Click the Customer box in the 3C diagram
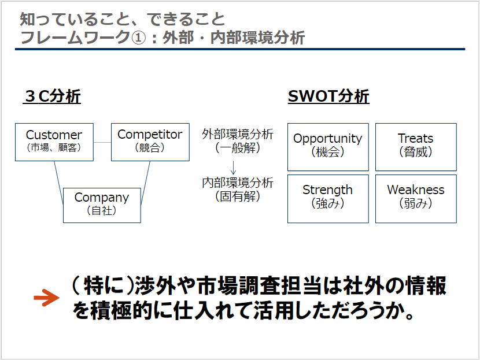coord(54,142)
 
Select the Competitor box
coord(150,142)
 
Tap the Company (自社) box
coord(102,205)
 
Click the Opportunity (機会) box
coord(328,147)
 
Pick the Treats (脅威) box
coord(416,147)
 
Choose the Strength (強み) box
coord(328,199)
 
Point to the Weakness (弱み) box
coord(416,199)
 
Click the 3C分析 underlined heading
coord(51,97)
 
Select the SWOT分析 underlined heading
coord(328,97)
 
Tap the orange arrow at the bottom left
coord(46,298)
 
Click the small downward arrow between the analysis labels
coord(233,168)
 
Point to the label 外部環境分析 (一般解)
coord(238,141)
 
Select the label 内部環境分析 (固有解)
coord(238,190)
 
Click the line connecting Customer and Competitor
coord(102,142)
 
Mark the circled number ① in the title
coord(138,38)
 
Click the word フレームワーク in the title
coord(75,38)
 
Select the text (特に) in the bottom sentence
coord(103,286)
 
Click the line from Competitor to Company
coord(145,182)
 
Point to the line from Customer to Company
coord(59,182)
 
